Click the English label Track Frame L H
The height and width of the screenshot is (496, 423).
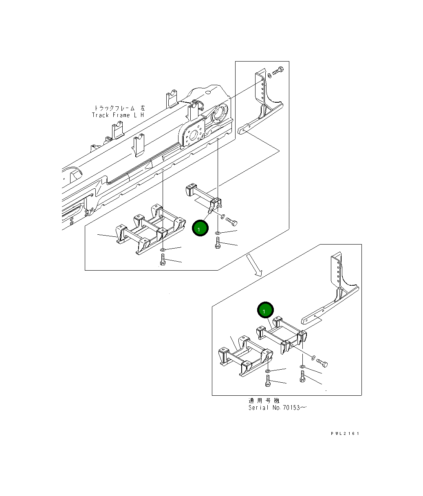click(118, 115)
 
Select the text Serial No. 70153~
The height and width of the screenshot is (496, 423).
click(277, 408)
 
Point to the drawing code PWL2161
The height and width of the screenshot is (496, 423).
click(345, 434)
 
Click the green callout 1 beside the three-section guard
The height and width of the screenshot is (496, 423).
click(199, 228)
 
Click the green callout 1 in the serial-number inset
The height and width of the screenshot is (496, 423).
click(265, 311)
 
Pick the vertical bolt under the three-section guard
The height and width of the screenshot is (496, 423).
click(163, 260)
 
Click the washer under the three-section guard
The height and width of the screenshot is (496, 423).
click(163, 249)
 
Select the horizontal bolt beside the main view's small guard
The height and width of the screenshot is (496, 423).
click(231, 222)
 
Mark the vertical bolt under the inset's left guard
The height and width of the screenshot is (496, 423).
click(267, 381)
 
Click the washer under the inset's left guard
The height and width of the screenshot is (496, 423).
click(267, 371)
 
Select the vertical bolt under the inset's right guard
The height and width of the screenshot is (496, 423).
click(302, 377)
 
